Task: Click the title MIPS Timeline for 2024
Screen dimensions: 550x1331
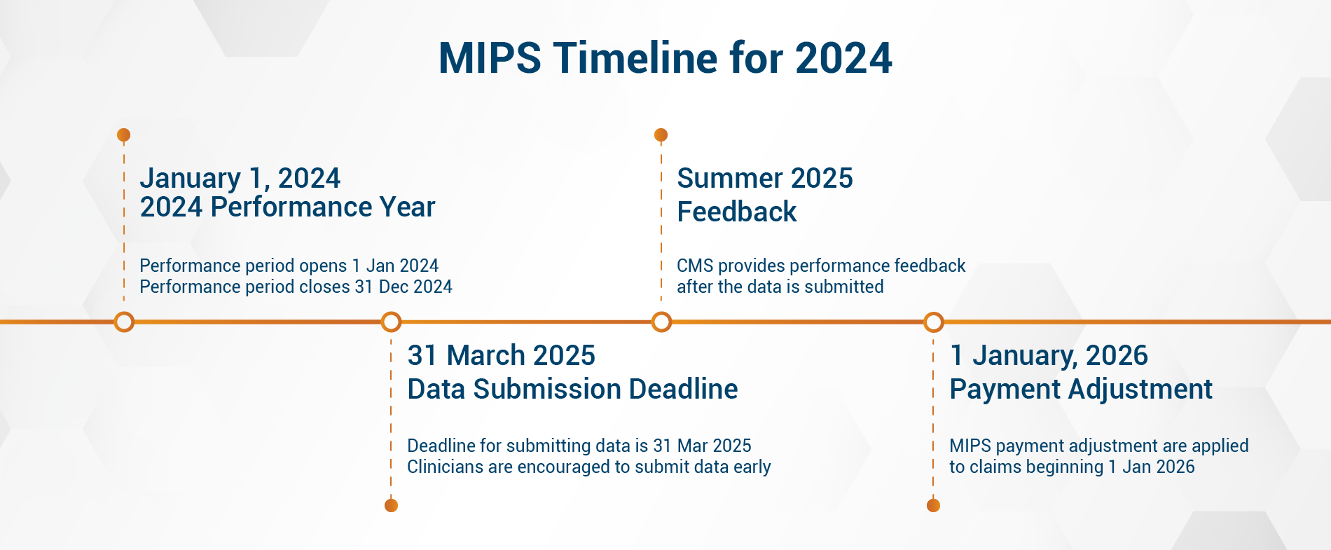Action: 665,58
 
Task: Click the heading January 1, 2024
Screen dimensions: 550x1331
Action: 240,178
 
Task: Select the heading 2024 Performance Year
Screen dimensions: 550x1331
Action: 287,207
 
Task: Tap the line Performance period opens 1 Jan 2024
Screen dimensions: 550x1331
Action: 289,266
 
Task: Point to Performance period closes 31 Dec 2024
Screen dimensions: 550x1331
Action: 296,287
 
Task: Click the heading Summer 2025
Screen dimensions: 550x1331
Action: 764,178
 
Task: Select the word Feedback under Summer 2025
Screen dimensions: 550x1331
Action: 736,212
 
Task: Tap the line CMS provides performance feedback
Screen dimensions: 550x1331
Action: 820,266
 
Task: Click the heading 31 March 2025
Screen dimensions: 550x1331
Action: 501,356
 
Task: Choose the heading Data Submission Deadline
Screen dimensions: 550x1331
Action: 572,390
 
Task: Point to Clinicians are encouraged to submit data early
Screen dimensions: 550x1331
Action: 588,467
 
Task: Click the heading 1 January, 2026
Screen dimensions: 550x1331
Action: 1048,356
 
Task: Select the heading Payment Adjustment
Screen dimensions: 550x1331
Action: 1080,390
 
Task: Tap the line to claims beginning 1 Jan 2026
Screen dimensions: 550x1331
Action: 1071,467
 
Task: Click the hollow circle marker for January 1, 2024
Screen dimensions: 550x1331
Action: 124,322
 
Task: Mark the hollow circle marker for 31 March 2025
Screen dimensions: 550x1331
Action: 391,322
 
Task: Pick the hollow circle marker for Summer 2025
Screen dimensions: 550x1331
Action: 661,322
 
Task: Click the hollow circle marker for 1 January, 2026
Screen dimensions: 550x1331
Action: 933,322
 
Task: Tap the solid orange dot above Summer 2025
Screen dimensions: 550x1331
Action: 661,135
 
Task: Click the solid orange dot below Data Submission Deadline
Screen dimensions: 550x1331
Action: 391,505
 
